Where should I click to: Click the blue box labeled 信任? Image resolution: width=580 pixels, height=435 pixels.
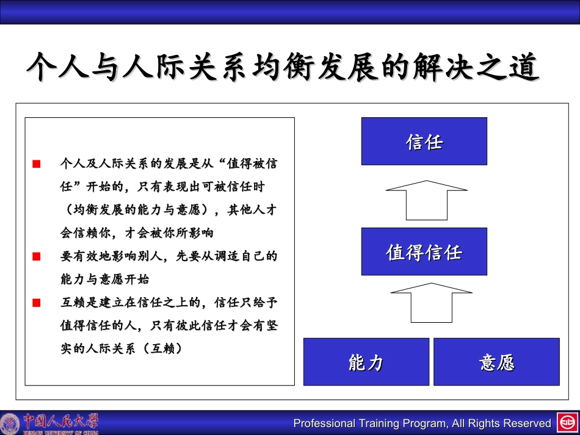424,142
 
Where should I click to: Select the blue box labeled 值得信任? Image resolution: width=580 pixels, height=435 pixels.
424,251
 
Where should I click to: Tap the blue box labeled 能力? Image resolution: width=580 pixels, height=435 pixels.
366,362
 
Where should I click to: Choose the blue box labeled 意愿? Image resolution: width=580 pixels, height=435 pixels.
496,362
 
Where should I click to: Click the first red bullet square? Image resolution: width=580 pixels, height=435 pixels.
37,164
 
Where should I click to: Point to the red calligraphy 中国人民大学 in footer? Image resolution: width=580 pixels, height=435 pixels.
60,421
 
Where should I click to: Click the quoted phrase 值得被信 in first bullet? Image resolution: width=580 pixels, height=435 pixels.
252,164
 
